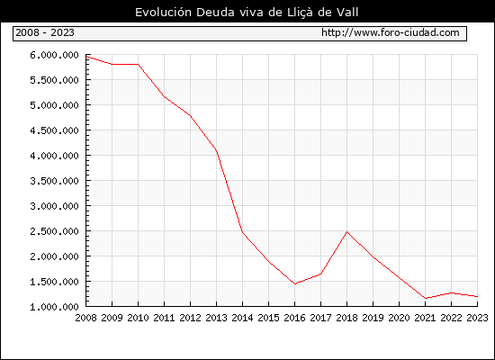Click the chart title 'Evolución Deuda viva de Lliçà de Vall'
pyautogui.click(x=247, y=13)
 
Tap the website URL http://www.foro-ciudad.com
pyautogui.click(x=391, y=32)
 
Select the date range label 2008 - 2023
pyautogui.click(x=45, y=32)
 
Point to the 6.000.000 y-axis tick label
pyautogui.click(x=54, y=55)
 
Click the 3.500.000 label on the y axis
pyautogui.click(x=54, y=181)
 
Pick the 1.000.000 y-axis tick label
pyautogui.click(x=54, y=307)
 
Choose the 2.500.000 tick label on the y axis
pyautogui.click(x=54, y=231)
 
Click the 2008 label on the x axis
pyautogui.click(x=85, y=318)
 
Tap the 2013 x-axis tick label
pyautogui.click(x=216, y=318)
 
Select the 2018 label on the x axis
pyautogui.click(x=346, y=318)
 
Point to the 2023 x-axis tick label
pyautogui.click(x=477, y=318)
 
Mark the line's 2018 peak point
pyautogui.click(x=346, y=232)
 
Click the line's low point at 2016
pyautogui.click(x=295, y=283)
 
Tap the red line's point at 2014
pyautogui.click(x=242, y=232)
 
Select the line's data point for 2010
pyautogui.click(x=139, y=65)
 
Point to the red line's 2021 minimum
pyautogui.click(x=426, y=299)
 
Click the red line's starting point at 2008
pyautogui.click(x=86, y=57)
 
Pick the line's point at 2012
pyautogui.click(x=191, y=115)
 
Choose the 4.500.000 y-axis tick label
pyautogui.click(x=54, y=130)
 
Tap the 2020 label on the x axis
pyautogui.click(x=399, y=318)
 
